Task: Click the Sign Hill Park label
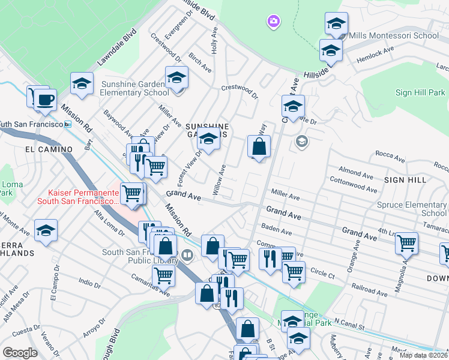420,92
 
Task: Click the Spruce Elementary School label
412,209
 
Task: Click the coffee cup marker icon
44,100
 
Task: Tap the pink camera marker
274,22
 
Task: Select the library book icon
188,256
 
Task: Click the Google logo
20,353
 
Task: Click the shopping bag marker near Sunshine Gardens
259,146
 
